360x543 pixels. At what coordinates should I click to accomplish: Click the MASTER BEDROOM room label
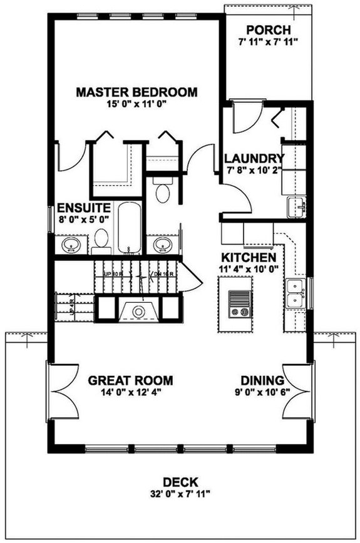pyautogui.click(x=136, y=93)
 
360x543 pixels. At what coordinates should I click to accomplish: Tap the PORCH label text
pyautogui.click(x=268, y=30)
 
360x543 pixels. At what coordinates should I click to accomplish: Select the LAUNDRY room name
pyautogui.click(x=254, y=158)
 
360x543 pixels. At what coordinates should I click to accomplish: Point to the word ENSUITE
pyautogui.click(x=85, y=207)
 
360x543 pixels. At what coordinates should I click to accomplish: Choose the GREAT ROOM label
pyautogui.click(x=130, y=380)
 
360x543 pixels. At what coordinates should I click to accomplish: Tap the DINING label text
pyautogui.click(x=263, y=380)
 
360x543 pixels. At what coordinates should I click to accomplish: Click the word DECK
pyautogui.click(x=180, y=482)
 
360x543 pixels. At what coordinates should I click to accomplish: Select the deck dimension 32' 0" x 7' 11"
pyautogui.click(x=180, y=494)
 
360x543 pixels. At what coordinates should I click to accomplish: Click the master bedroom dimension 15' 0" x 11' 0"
pyautogui.click(x=136, y=104)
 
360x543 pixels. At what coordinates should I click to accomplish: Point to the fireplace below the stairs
pyautogui.click(x=138, y=310)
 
